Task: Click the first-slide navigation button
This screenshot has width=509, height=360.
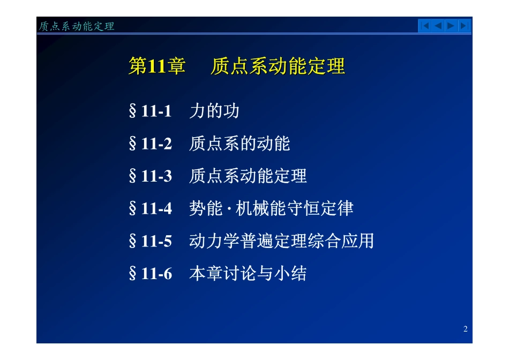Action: [x=425, y=26]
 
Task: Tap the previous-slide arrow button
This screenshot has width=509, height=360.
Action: [x=438, y=26]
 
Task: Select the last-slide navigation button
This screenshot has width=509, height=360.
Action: [x=464, y=26]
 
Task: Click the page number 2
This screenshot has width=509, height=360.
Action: [x=465, y=329]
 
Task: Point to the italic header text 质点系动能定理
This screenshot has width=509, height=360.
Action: [x=77, y=26]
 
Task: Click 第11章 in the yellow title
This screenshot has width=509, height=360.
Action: [x=157, y=66]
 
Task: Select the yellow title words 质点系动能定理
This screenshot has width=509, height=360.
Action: [x=278, y=66]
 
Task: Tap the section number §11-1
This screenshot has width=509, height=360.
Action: [x=151, y=111]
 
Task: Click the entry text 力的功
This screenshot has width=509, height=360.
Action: [x=214, y=111]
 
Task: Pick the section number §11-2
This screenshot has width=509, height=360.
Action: [x=151, y=144]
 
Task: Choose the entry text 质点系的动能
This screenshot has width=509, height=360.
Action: [x=239, y=144]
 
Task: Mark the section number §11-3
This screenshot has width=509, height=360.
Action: [x=151, y=176]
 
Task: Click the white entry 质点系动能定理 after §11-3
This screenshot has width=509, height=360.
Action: [x=248, y=176]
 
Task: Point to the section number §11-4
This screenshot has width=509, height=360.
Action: [x=151, y=208]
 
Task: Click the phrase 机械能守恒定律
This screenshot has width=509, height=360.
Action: [x=295, y=208]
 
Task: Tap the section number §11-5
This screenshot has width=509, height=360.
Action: [x=151, y=241]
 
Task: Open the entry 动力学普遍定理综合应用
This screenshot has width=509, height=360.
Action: [x=281, y=241]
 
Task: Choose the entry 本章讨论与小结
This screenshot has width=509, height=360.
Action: [x=248, y=274]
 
